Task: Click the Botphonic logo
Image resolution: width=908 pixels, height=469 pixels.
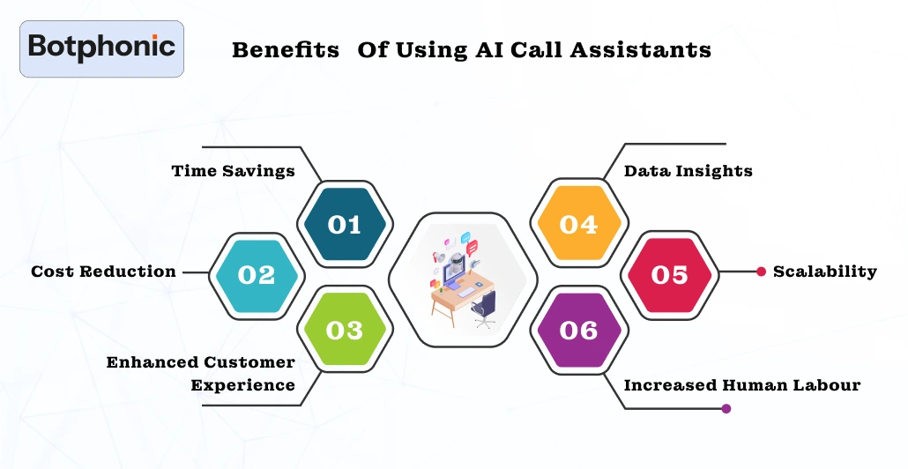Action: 101,48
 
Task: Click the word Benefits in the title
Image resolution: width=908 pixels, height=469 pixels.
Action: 285,50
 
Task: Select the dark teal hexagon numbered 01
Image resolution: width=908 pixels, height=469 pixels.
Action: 344,225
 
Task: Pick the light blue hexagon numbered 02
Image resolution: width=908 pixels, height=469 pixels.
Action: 257,275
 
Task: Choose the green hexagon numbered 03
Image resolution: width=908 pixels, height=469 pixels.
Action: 344,330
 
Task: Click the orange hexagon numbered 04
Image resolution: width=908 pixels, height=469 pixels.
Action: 578,225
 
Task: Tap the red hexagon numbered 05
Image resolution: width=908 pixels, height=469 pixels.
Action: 669,275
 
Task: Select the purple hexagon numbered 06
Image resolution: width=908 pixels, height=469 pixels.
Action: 578,330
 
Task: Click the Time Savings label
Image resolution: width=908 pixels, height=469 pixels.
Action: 233,171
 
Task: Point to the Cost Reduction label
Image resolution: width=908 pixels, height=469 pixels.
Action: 103,272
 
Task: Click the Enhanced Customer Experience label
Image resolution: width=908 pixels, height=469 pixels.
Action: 201,374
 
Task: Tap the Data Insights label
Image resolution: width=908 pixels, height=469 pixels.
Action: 688,171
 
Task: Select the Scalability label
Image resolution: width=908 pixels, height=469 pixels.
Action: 824,272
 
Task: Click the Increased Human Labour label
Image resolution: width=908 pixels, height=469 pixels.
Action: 741,385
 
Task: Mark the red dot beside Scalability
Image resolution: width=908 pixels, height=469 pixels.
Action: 761,272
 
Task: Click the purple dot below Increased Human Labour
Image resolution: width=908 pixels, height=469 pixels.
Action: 726,408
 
